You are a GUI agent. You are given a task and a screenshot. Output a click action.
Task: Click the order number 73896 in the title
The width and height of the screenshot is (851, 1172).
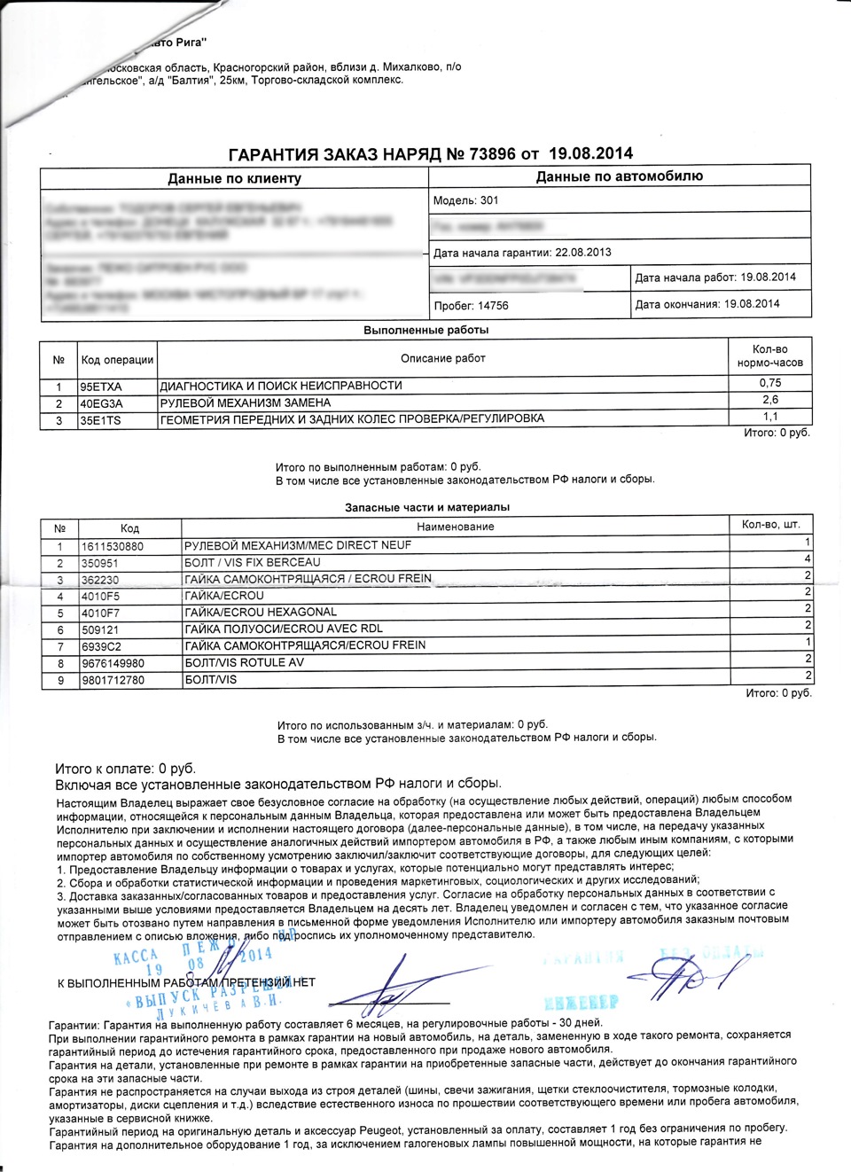492,154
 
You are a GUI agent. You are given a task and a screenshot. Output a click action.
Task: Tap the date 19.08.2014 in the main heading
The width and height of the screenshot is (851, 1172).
590,153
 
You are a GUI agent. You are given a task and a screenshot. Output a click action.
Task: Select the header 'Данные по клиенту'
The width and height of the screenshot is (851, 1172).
234,178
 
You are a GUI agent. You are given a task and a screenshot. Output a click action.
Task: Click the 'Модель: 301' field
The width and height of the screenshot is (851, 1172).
465,200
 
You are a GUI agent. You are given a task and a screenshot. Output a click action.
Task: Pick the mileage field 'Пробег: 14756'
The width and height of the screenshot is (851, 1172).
471,306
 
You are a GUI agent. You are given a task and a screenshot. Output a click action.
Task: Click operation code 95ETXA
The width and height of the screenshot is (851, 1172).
101,387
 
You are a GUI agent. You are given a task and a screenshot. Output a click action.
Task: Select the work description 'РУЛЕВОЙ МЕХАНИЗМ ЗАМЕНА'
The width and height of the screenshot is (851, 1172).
245,402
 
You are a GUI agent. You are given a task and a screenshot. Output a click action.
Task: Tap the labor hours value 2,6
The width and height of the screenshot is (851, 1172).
769,400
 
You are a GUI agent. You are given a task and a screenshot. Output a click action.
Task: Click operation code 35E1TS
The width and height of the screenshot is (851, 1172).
100,420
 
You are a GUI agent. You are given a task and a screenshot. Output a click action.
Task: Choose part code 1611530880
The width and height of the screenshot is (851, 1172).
113,546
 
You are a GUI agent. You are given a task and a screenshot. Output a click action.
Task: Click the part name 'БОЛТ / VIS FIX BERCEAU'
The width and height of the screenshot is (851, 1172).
253,562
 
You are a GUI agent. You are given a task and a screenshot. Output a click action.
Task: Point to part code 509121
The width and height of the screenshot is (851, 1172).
100,629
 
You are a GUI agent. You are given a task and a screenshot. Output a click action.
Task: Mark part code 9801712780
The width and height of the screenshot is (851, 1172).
113,680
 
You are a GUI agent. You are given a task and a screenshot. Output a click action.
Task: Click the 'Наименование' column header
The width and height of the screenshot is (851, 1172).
455,527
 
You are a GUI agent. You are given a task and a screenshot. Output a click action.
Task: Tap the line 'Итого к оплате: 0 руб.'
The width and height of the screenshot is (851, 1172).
125,769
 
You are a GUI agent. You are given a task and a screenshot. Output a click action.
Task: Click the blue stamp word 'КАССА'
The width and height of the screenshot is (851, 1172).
136,957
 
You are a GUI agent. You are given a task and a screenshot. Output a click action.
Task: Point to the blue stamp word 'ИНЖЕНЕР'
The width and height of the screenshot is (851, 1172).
581,1002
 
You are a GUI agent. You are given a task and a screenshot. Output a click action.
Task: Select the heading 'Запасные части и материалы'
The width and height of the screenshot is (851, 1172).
427,507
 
